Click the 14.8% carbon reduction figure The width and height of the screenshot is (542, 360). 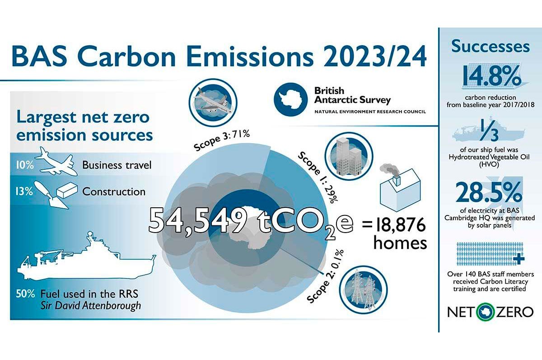coord(491,76)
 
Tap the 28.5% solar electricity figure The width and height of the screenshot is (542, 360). coord(489,192)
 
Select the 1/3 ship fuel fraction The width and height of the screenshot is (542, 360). coord(489,130)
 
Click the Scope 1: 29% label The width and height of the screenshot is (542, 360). coord(318,177)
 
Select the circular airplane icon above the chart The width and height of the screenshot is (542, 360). coord(213,103)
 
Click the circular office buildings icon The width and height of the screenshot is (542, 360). coord(349,156)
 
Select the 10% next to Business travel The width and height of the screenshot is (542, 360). coord(25,165)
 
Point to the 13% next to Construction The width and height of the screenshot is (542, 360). coord(24,192)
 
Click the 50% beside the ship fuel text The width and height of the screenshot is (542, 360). coord(25,294)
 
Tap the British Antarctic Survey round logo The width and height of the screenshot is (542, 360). coord(290,99)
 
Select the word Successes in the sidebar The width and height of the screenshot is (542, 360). coord(491,46)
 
